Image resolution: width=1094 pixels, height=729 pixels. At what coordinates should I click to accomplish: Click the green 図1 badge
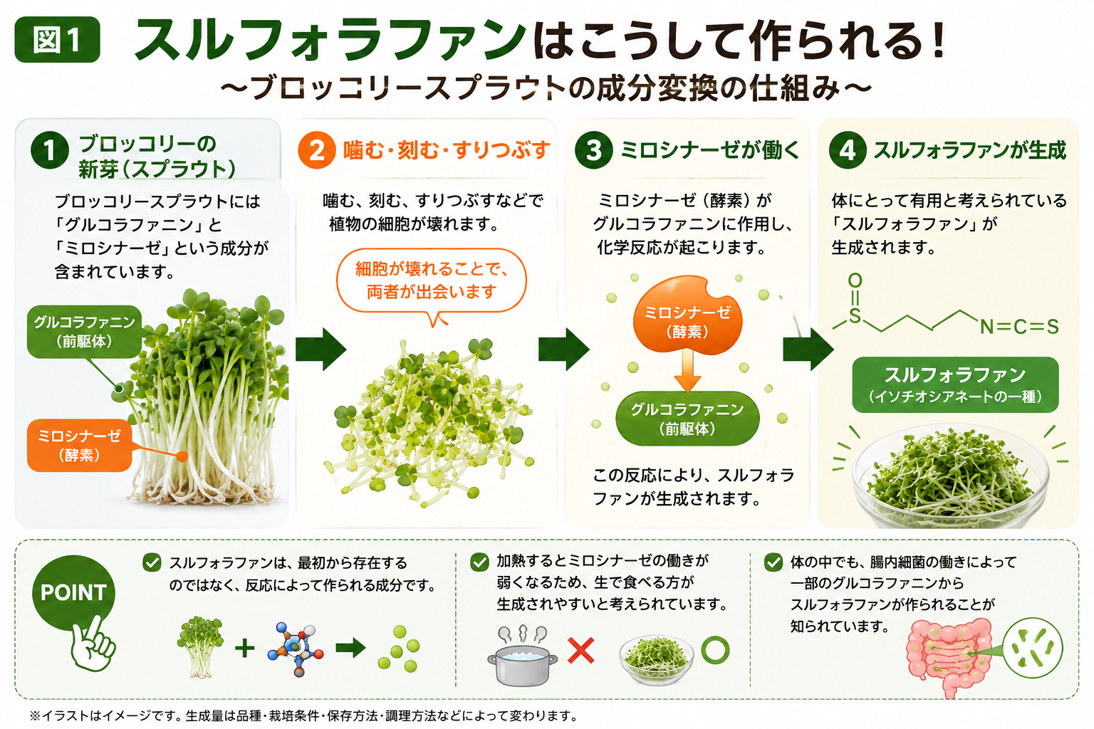(57, 40)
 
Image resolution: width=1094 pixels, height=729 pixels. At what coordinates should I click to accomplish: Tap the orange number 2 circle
(316, 150)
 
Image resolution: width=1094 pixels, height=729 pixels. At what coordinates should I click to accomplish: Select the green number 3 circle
(593, 150)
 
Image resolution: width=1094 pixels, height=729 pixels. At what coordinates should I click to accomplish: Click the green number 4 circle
(848, 150)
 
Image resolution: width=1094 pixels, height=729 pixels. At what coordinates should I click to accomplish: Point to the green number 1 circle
(49, 150)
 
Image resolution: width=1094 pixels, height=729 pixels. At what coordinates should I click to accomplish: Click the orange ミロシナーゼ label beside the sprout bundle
(79, 446)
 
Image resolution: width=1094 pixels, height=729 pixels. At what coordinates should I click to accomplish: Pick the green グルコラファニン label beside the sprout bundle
(84, 332)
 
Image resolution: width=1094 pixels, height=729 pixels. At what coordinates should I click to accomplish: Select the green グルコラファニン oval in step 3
(687, 419)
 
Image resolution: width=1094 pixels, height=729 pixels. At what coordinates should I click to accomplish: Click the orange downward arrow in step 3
(687, 370)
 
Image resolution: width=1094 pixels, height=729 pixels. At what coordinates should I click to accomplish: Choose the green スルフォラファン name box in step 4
(955, 384)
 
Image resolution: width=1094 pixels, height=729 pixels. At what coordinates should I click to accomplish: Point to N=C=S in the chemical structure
(1019, 327)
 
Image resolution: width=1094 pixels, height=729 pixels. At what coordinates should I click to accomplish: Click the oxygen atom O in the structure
(855, 280)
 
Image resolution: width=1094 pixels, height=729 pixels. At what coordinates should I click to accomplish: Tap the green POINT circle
(73, 593)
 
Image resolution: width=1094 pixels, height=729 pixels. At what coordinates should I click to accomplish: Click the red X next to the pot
(581, 651)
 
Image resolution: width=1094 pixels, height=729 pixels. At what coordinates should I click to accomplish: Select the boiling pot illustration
(522, 656)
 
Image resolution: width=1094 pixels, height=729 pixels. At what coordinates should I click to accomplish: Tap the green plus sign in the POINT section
(245, 649)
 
